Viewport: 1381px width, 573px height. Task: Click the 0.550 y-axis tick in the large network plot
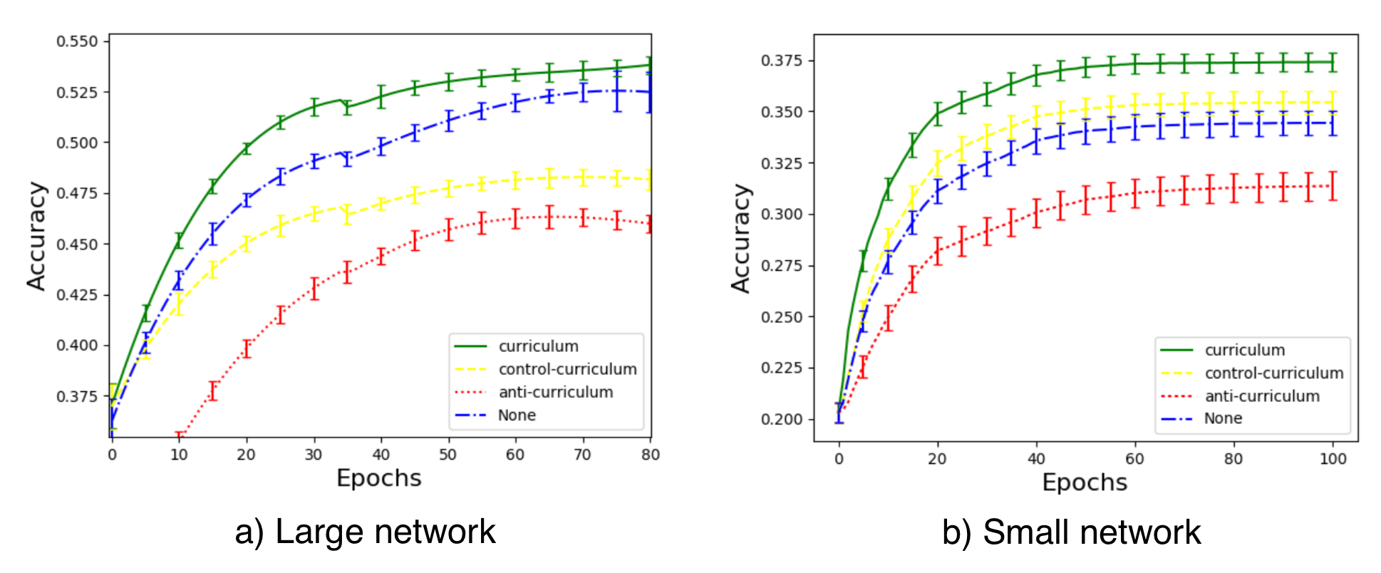(x=77, y=41)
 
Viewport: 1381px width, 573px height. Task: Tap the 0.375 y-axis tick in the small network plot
(x=782, y=61)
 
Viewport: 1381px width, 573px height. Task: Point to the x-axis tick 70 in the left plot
(x=582, y=455)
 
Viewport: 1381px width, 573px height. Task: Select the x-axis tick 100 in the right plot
(x=1333, y=459)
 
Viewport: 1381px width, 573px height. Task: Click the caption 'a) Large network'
(x=365, y=532)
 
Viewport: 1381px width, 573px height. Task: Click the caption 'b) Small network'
(x=1071, y=532)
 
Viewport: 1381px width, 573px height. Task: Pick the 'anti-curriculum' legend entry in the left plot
(x=555, y=392)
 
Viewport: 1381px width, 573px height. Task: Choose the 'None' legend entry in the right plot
(x=1223, y=418)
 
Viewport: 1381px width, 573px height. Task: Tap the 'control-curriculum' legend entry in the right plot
(x=1273, y=373)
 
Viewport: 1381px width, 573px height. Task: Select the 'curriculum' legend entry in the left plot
(x=538, y=346)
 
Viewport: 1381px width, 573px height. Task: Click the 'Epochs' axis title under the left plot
(x=378, y=478)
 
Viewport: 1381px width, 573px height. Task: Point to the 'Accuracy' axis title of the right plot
(x=741, y=239)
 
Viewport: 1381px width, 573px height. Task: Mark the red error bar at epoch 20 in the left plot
(x=247, y=349)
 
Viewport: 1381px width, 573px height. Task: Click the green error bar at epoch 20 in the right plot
(x=938, y=113)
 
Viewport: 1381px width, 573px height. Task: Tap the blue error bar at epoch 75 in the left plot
(x=617, y=91)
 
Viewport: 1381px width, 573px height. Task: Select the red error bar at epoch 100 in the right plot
(x=1333, y=186)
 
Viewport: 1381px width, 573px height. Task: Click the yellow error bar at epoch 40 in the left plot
(x=381, y=204)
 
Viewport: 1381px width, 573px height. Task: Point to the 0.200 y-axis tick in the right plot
(x=782, y=419)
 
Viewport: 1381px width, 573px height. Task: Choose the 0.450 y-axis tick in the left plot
(x=77, y=244)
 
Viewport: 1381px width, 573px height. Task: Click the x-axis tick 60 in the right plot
(x=1134, y=459)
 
